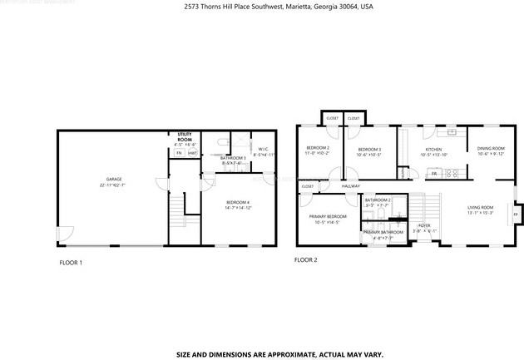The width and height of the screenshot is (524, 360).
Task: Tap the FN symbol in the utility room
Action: point(178,153)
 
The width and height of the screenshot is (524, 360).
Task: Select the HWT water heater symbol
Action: point(192,153)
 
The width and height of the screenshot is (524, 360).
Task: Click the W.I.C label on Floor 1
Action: point(262,150)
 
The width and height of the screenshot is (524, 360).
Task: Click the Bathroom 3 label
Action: point(232,158)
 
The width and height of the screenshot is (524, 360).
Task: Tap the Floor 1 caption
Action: point(69,263)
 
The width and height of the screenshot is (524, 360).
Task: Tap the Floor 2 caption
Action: point(306,259)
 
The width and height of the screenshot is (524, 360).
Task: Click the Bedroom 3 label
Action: point(369,149)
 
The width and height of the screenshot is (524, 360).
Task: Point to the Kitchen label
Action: point(433,149)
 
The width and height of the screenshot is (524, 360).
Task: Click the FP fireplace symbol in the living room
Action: point(515,215)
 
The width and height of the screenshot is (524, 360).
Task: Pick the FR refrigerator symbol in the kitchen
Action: point(433,174)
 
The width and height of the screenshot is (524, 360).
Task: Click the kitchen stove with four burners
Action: point(453,174)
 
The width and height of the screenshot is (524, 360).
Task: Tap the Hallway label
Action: point(350,186)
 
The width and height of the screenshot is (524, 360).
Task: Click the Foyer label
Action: point(424,225)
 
